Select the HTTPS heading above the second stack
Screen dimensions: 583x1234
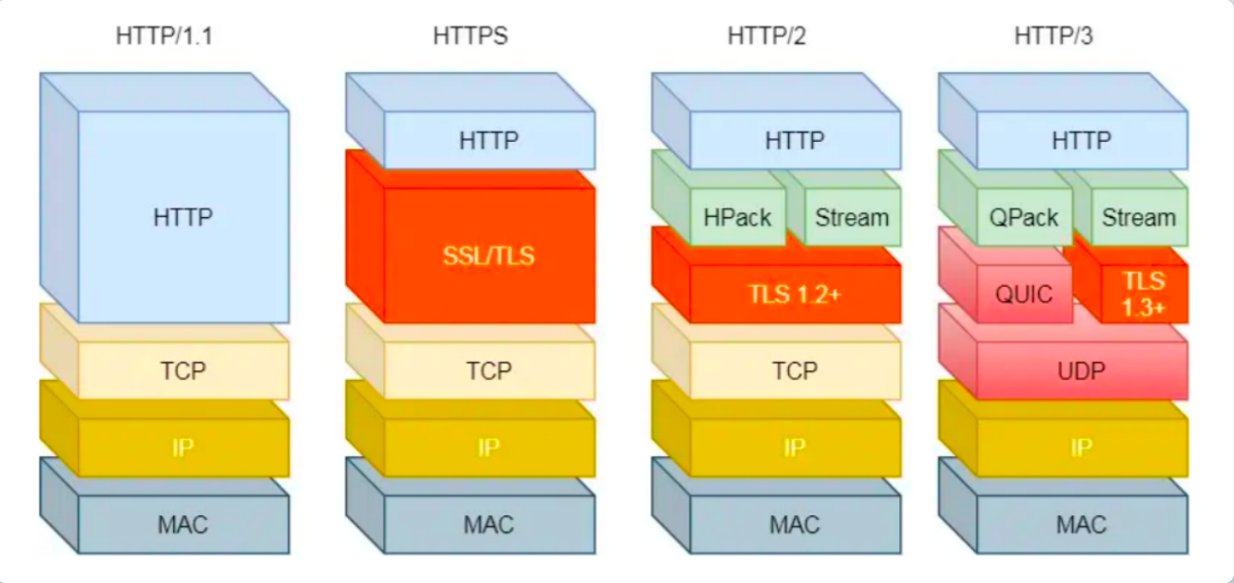[470, 37]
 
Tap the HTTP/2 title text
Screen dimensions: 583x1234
[767, 37]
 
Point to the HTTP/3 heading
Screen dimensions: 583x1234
[1053, 37]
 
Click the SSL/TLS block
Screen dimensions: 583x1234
[489, 255]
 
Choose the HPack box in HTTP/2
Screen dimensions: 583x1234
[737, 218]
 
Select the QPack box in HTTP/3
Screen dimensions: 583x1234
[1025, 218]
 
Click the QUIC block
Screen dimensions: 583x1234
[1025, 294]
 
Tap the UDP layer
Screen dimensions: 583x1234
[1082, 371]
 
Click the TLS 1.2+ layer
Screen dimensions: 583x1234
[795, 294]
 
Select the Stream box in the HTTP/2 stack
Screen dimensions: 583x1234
[851, 218]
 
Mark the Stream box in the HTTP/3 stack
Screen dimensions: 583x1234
[1138, 218]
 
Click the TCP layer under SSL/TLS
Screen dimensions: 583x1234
[489, 371]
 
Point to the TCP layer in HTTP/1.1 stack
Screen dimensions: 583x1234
[183, 371]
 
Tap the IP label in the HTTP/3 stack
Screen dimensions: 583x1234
[1082, 448]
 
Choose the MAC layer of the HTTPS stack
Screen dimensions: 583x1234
[489, 524]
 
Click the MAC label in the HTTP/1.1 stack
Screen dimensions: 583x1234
[183, 524]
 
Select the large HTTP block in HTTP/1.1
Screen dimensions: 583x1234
[183, 217]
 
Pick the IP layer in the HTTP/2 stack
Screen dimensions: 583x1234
[795, 448]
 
